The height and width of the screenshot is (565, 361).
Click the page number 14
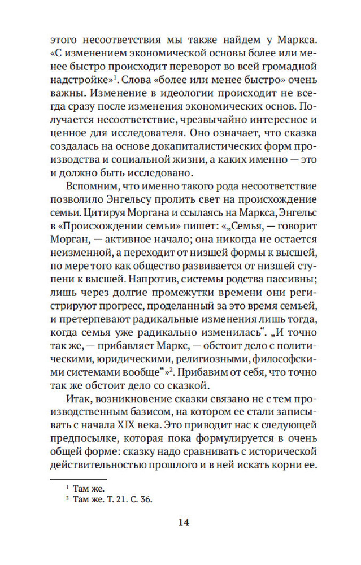point(181,522)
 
